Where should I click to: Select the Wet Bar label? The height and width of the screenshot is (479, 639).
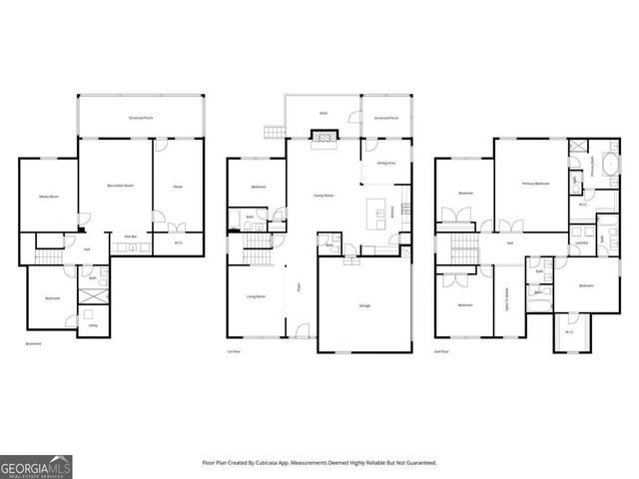[x=130, y=237]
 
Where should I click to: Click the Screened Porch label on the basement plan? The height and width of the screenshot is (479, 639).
[x=141, y=118]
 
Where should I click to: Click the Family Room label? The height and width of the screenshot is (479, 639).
[x=322, y=196]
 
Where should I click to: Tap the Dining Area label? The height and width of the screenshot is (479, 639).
[x=385, y=162]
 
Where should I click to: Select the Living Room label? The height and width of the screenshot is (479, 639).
[x=257, y=296]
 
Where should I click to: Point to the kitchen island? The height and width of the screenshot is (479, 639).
[x=378, y=212]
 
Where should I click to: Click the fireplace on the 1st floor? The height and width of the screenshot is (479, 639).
[x=322, y=146]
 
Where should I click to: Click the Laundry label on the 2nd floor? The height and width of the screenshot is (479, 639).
[x=581, y=242]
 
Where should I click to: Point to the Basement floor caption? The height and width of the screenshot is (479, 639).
[x=33, y=343]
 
